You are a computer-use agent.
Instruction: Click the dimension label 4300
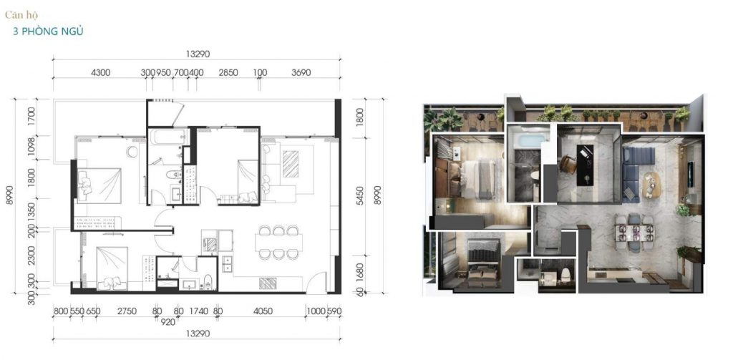coord(100,72)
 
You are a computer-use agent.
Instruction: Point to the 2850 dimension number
coord(228,72)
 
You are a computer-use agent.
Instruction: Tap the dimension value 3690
coord(301,72)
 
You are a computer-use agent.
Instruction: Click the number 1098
coord(32,147)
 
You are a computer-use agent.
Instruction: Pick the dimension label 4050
coord(263,311)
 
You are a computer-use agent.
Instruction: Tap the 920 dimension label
coord(168,321)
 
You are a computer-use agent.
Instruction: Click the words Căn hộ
coord(21,15)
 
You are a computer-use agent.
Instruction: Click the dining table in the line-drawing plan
coord(278,242)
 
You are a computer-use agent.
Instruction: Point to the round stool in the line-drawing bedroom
coord(132,152)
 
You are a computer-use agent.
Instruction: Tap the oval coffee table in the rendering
coord(653,185)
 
